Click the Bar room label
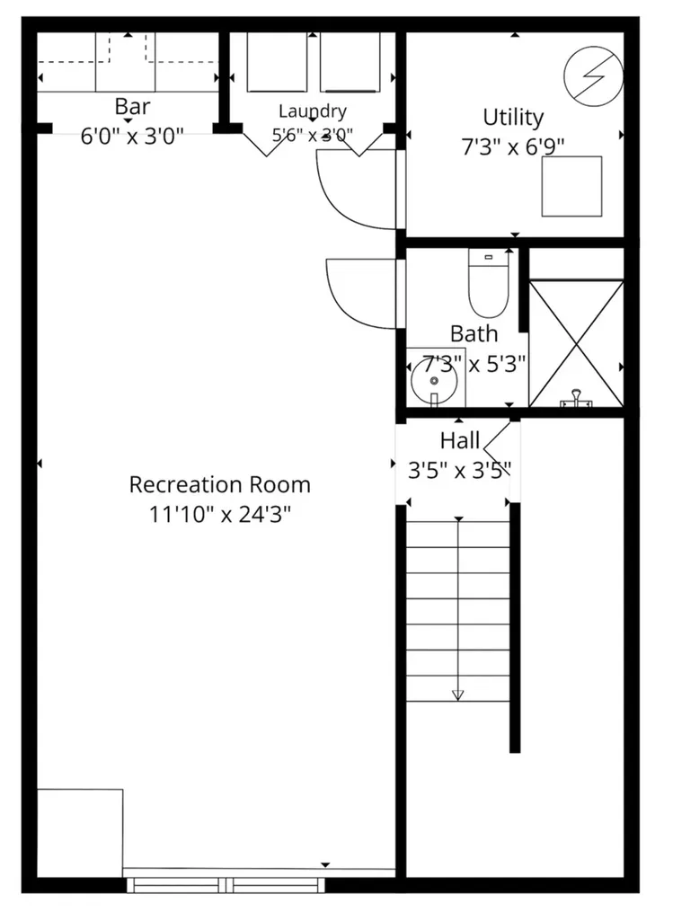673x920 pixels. tap(132, 107)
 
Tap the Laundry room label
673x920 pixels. tap(312, 111)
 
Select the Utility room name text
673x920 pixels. tap(513, 118)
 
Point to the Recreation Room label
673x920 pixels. tap(219, 484)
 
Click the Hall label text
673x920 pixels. tap(460, 440)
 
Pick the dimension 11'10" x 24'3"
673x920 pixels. tap(219, 515)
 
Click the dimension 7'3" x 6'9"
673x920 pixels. tap(513, 146)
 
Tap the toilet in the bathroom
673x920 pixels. tap(488, 283)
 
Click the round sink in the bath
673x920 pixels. tap(434, 381)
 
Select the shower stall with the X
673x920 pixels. tap(576, 343)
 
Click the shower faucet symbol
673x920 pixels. tap(576, 398)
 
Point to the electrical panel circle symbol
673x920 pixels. tap(593, 76)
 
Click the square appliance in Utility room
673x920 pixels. tap(571, 186)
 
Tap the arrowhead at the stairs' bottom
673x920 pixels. tap(458, 694)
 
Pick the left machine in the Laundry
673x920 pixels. tap(277, 62)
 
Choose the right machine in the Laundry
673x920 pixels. tap(350, 62)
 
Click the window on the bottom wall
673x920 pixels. tap(226, 885)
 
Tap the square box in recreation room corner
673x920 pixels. tap(80, 833)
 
